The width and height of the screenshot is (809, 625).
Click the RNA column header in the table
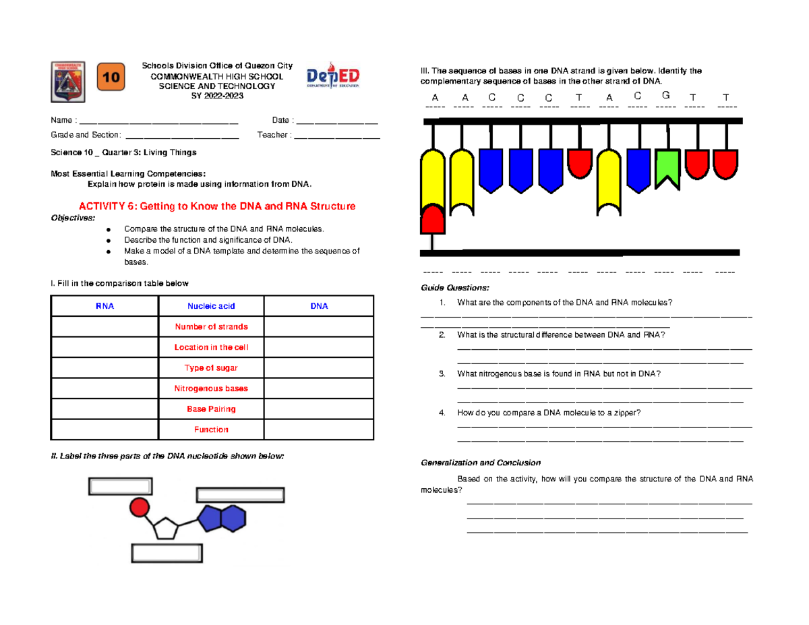(104, 306)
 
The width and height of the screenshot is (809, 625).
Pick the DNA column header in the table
(319, 306)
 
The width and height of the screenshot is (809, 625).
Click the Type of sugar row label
(211, 368)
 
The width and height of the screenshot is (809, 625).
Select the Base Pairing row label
(211, 409)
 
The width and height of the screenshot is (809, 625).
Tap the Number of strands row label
(211, 327)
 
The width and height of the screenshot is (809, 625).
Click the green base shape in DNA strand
(667, 169)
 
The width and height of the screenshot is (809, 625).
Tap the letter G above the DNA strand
(666, 94)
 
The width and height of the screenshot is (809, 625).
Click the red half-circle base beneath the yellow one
(432, 218)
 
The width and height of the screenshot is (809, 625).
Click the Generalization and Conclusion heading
(481, 463)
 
